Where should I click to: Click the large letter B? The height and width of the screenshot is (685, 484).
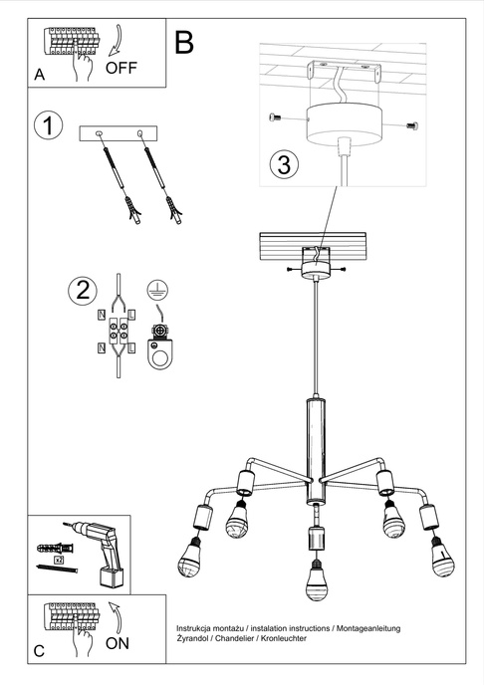coord(184,42)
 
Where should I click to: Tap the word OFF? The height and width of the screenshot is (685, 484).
coord(122,68)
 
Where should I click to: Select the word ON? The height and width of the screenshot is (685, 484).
coord(118,644)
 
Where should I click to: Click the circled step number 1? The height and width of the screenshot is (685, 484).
coord(47,126)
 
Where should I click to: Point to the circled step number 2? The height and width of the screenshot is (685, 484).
coord(83,292)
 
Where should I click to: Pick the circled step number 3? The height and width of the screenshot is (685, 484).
coord(284,163)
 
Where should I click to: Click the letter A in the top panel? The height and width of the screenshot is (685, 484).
coord(40,75)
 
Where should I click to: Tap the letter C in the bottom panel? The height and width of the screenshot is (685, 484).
coord(39,651)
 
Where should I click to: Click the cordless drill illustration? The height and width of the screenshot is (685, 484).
coord(101,554)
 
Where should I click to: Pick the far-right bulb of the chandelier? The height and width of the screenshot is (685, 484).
coord(442,560)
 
